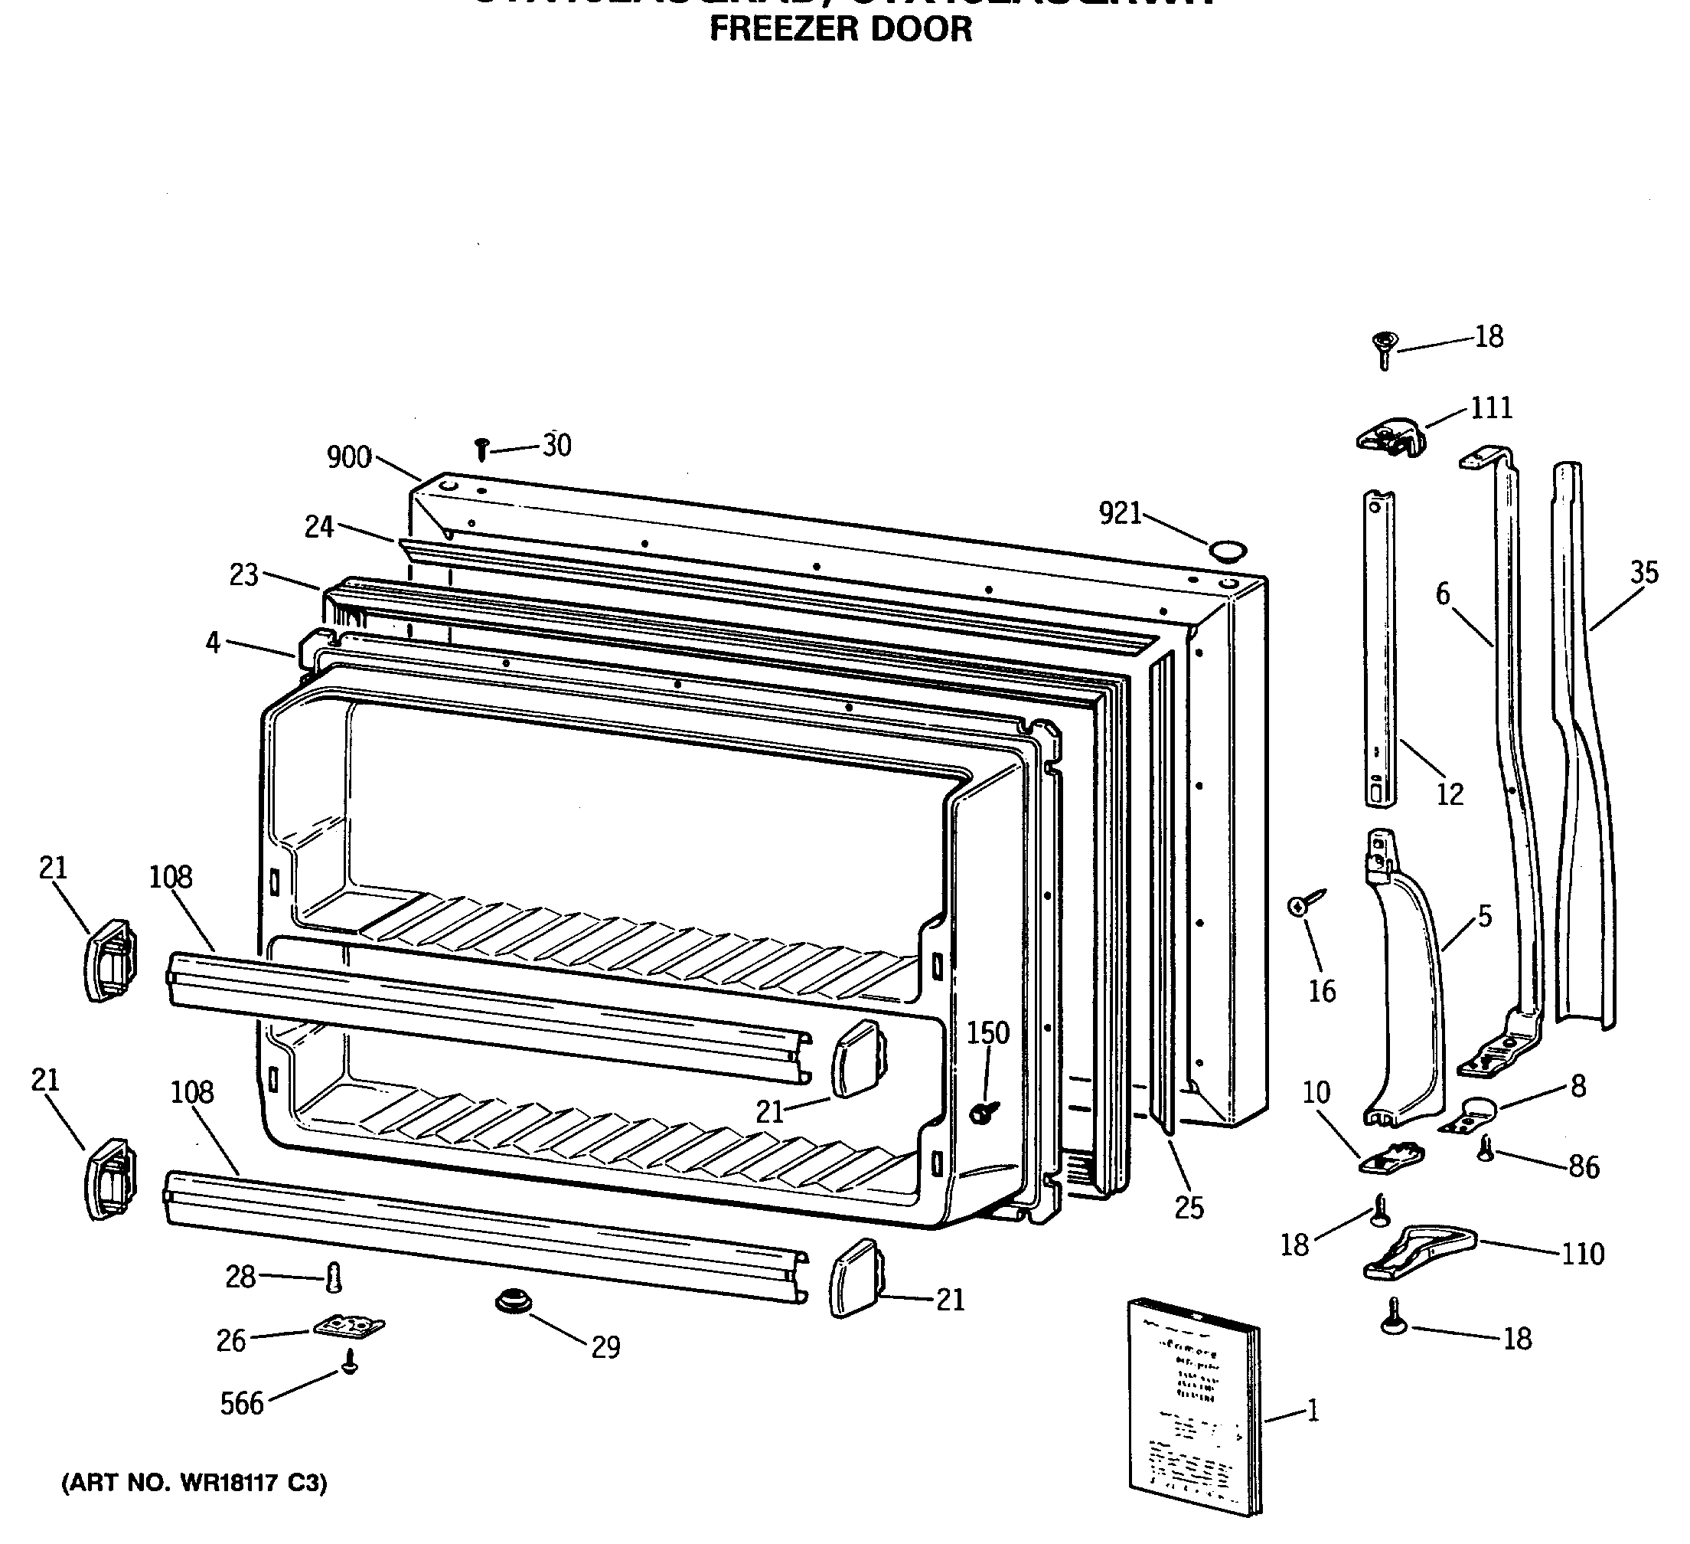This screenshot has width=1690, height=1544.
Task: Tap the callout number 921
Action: point(1120,513)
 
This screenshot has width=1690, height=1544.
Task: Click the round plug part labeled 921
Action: point(1227,550)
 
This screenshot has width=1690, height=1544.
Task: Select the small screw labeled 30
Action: point(481,449)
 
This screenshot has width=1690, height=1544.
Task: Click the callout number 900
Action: point(349,458)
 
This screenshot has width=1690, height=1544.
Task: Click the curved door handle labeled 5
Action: point(1408,998)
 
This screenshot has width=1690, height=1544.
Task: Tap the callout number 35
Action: point(1644,573)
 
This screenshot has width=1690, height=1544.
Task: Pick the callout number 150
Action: point(988,1033)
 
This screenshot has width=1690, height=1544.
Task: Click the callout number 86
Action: point(1583,1166)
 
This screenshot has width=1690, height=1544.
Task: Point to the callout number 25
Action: point(1189,1208)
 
